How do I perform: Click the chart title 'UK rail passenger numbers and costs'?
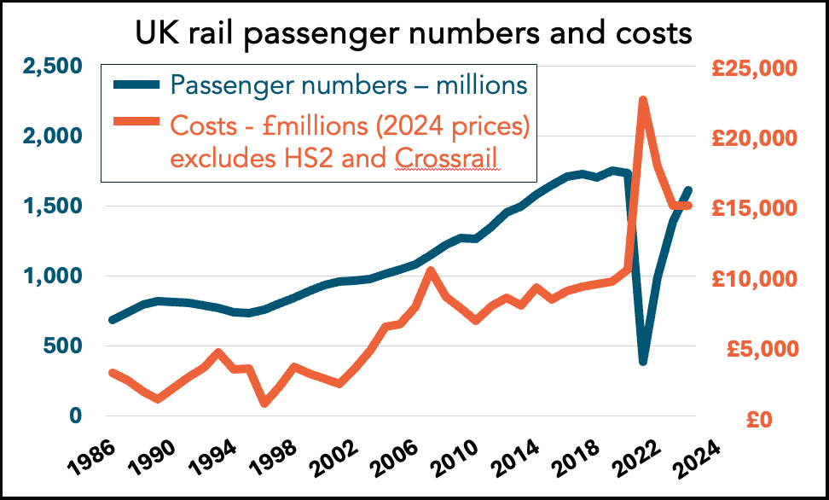[414, 34]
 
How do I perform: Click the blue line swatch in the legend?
[136, 84]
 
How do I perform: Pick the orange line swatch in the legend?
[136, 125]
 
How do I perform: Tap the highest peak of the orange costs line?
[642, 101]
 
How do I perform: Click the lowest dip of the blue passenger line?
[642, 361]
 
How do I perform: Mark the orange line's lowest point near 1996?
[264, 402]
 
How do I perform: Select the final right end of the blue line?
[689, 189]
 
